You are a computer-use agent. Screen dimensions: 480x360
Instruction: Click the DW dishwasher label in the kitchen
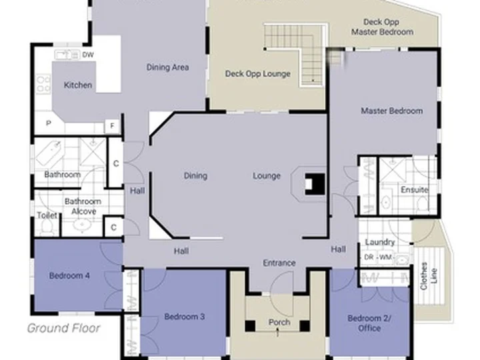coord(88,55)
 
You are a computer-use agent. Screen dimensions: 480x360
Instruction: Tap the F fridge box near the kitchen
coord(112,126)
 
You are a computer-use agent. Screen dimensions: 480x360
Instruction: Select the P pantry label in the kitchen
coord(49,123)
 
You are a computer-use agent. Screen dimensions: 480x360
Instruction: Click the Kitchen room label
coord(78,85)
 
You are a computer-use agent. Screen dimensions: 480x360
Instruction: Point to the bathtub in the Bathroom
coord(49,154)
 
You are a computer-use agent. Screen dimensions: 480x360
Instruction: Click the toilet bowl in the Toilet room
coord(47,227)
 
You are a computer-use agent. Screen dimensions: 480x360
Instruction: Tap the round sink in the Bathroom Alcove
coord(82,226)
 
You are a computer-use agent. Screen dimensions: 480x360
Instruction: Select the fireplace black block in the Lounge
coord(315,184)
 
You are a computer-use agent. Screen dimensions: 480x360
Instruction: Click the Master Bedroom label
coord(392,111)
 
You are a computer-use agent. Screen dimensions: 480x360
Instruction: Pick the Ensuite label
coord(414,190)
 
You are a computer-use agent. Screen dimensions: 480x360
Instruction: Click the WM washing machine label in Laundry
coord(385,257)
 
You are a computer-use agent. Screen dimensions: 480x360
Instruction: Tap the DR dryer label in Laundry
coord(369,257)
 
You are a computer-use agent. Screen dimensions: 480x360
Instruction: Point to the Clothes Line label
coord(429,276)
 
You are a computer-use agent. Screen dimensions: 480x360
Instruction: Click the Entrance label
coord(279,263)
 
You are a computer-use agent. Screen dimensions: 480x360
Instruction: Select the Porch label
coord(279,323)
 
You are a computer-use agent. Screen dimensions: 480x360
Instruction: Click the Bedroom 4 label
coord(69,276)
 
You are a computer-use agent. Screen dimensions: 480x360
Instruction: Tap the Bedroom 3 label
coord(184,317)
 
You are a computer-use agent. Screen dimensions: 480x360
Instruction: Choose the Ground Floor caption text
coord(64,328)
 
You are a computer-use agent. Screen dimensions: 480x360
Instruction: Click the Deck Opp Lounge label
coord(258,74)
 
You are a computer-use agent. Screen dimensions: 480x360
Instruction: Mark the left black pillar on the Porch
coord(250,326)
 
